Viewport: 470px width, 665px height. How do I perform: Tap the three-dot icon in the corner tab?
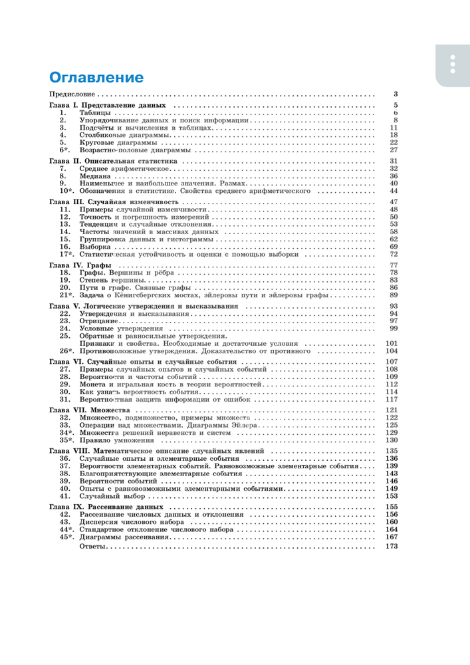[x=453, y=63]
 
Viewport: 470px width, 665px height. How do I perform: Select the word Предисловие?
[x=74, y=94]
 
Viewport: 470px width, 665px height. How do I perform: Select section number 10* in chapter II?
[x=65, y=191]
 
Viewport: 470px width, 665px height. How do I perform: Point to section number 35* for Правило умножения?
[x=65, y=440]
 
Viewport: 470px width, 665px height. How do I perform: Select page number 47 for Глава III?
[x=393, y=201]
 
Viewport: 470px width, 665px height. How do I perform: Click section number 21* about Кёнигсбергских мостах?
[x=65, y=295]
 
